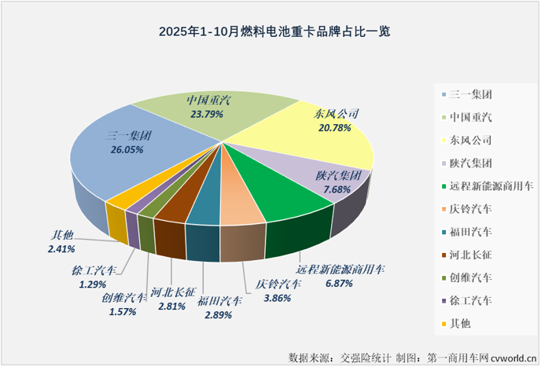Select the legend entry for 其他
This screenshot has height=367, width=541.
pos(460,323)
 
